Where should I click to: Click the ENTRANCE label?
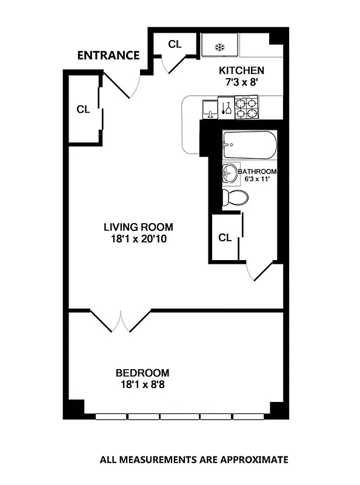coord(108,56)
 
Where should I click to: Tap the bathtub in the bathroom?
coord(249,145)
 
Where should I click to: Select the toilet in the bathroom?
coord(235,196)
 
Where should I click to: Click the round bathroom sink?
coord(231,173)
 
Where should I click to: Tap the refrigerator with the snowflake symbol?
coord(220,46)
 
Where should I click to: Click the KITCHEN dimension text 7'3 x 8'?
coord(241,83)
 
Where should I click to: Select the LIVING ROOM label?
coord(138,227)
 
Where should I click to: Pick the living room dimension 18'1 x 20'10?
coord(138,239)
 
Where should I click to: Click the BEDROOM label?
coord(142,373)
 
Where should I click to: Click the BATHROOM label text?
coord(261,172)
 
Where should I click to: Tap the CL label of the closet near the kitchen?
coord(175,44)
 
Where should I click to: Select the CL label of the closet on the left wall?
coord(83,110)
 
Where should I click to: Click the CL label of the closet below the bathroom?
coord(225,238)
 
